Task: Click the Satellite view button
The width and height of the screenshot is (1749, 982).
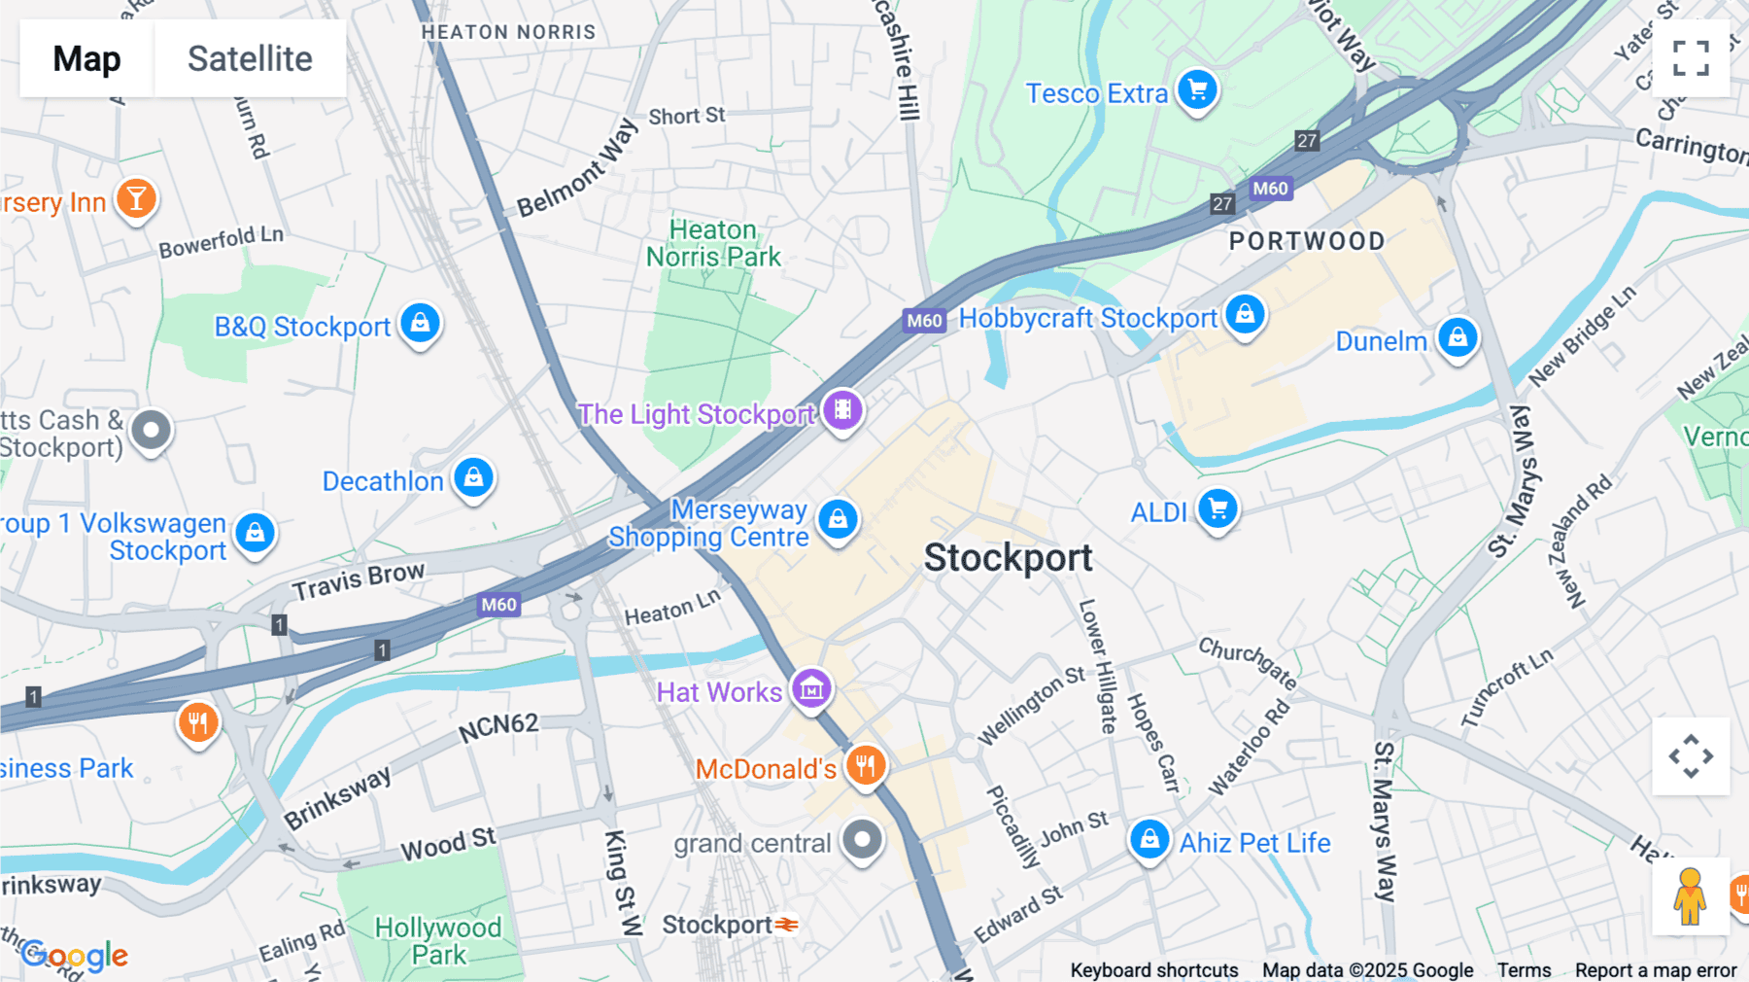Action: point(250,58)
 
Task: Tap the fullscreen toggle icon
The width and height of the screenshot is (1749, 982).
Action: point(1691,58)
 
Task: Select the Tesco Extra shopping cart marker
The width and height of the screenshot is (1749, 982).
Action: point(1197,90)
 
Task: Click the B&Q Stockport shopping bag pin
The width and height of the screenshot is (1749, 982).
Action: point(420,323)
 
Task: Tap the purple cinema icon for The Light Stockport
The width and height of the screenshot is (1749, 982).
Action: point(842,410)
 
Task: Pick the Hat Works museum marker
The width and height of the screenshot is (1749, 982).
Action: point(811,689)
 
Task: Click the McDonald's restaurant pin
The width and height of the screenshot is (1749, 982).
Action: point(865,766)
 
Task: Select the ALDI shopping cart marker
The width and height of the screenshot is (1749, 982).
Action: point(1217,509)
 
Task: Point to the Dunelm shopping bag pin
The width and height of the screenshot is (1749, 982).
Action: point(1457,338)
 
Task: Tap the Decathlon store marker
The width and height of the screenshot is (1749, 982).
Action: point(474,477)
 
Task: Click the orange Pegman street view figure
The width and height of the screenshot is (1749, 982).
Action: point(1690,896)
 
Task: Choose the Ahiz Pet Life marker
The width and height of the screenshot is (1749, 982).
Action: point(1149,839)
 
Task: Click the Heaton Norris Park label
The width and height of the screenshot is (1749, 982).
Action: point(713,243)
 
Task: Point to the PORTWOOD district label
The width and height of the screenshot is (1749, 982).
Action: point(1307,241)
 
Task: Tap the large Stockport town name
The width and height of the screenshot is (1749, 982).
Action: point(1008,558)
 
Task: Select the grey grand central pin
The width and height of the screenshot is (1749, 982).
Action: point(862,840)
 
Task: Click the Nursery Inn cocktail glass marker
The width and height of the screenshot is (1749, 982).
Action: point(136,199)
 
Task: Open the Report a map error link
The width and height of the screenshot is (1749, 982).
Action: point(1655,970)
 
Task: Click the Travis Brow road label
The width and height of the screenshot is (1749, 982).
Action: point(358,580)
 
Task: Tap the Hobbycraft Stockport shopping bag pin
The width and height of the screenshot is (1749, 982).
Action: point(1245,315)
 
